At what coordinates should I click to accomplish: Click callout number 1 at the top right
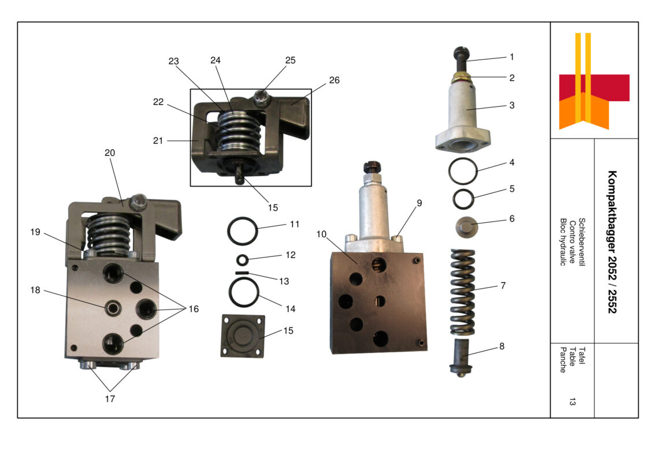(x=511, y=57)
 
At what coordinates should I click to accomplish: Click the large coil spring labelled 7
(x=462, y=292)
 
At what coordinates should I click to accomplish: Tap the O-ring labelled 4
(x=463, y=172)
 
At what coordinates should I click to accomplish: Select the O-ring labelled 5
(x=464, y=199)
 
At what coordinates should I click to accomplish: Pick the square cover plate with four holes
(x=243, y=336)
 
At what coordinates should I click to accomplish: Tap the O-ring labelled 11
(x=241, y=231)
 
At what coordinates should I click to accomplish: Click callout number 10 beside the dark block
(x=322, y=234)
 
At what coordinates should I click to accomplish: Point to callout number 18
(x=36, y=290)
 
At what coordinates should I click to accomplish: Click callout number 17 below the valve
(x=110, y=398)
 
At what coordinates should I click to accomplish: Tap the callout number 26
(x=335, y=80)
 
